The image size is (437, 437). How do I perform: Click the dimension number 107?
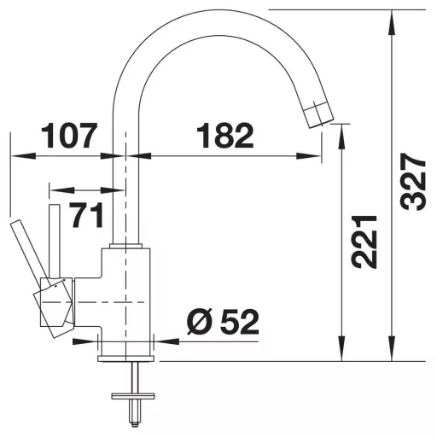69,136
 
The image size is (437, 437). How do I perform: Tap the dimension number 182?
224,136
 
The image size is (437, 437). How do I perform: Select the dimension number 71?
87,215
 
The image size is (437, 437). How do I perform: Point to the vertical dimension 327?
413,182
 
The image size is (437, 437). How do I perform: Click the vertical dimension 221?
364,242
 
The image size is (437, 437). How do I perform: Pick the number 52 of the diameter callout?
240,323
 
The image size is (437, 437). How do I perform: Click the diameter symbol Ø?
201,323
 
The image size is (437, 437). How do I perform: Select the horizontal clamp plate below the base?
133,396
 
